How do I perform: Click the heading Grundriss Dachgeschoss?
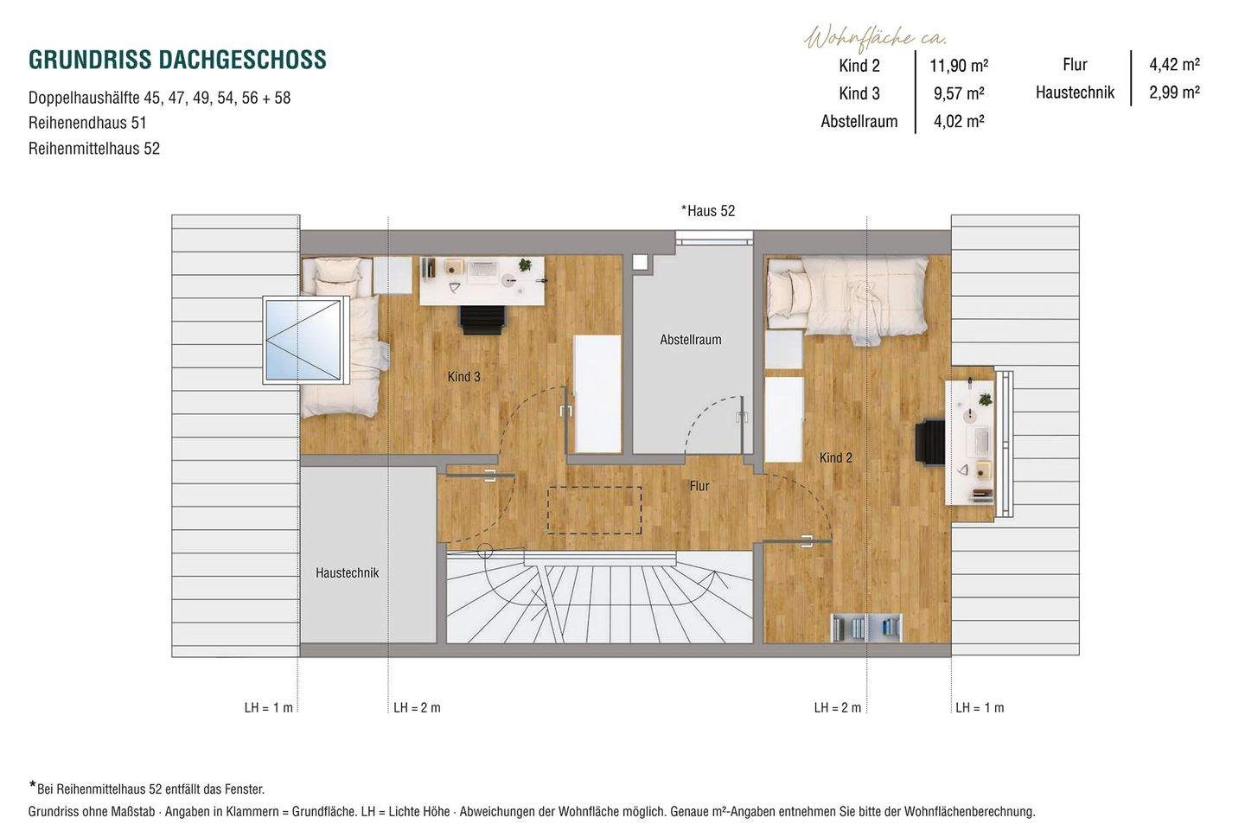(177, 60)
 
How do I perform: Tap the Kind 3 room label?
(463, 377)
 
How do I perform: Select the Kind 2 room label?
(835, 457)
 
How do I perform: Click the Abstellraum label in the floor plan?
(690, 340)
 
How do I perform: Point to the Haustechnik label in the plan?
(347, 572)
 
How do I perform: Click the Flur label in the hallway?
(699, 486)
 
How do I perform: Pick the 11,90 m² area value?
(959, 66)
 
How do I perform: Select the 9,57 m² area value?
(959, 93)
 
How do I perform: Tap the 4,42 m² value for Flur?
(1174, 64)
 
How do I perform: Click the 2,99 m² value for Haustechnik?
(1174, 93)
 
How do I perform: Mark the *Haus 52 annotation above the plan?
(707, 211)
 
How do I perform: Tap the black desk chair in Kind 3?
(482, 319)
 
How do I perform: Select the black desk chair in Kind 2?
(931, 444)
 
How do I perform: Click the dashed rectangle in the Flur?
(594, 509)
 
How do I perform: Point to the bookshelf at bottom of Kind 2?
(866, 627)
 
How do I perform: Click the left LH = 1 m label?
(268, 707)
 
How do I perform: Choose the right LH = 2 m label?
(837, 707)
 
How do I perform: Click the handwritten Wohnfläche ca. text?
(876, 38)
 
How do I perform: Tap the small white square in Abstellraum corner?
(640, 262)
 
